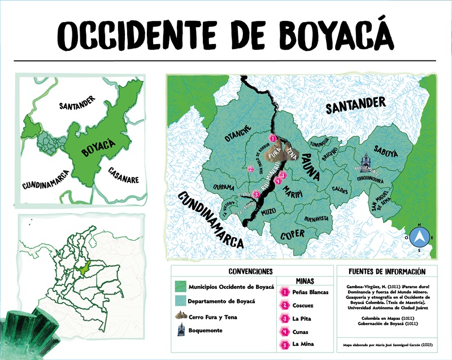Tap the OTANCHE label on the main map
click(x=221, y=133)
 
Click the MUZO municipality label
click(x=270, y=212)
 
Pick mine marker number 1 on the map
click(x=272, y=138)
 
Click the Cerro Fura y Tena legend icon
click(x=181, y=315)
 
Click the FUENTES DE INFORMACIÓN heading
click(x=386, y=271)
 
